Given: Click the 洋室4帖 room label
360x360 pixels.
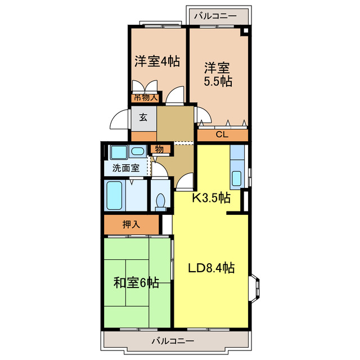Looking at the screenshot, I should coord(157,61).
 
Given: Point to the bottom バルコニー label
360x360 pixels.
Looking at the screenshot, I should coord(173,341).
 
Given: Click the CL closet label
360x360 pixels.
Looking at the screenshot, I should coord(222,135).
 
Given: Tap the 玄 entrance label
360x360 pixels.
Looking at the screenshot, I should coord(143,118).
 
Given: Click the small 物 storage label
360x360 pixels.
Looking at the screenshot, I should coord(159,149).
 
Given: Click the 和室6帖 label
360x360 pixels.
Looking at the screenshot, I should coord(136,283).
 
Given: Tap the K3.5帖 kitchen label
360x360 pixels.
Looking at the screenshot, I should coord(211,198).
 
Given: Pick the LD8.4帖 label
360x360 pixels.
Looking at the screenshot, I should coord(211,268).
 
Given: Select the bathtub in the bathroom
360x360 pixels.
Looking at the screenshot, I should coord(115,195).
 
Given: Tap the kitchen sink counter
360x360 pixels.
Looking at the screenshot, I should coord(237,167).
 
